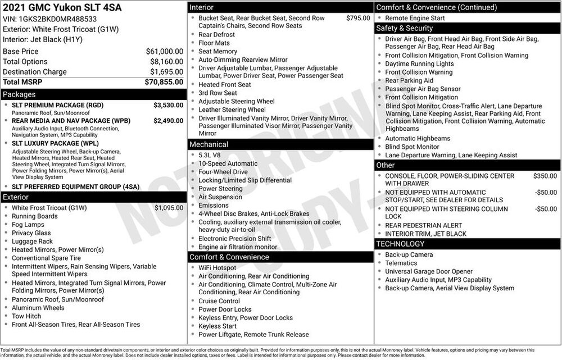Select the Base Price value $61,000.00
164,51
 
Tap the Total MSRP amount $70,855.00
164,82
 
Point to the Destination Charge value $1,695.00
166,72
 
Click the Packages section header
19,94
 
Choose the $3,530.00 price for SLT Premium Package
168,105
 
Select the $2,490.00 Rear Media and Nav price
168,121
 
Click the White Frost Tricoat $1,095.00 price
169,208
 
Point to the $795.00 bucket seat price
358,18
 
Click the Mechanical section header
209,144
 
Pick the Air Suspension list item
220,197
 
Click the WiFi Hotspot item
217,268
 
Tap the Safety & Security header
405,28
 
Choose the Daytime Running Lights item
419,64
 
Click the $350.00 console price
545,176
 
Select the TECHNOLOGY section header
400,244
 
